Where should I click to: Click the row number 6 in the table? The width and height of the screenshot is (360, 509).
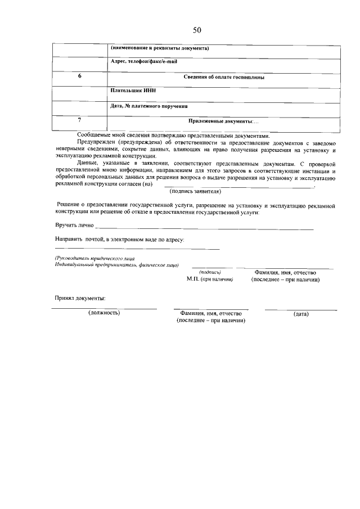pos(79,76)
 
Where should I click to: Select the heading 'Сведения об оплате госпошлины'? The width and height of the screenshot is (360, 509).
pos(224,77)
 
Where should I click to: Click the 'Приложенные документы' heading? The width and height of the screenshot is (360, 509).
pos(223,121)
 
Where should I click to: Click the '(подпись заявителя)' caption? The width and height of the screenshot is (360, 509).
pos(195,191)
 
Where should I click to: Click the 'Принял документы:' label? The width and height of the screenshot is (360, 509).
pos(80,298)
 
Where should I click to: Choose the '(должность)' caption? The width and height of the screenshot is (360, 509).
pos(104,313)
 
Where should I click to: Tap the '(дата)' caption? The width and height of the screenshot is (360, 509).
pos(301,314)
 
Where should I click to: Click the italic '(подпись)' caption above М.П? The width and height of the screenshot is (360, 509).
pos(210,272)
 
